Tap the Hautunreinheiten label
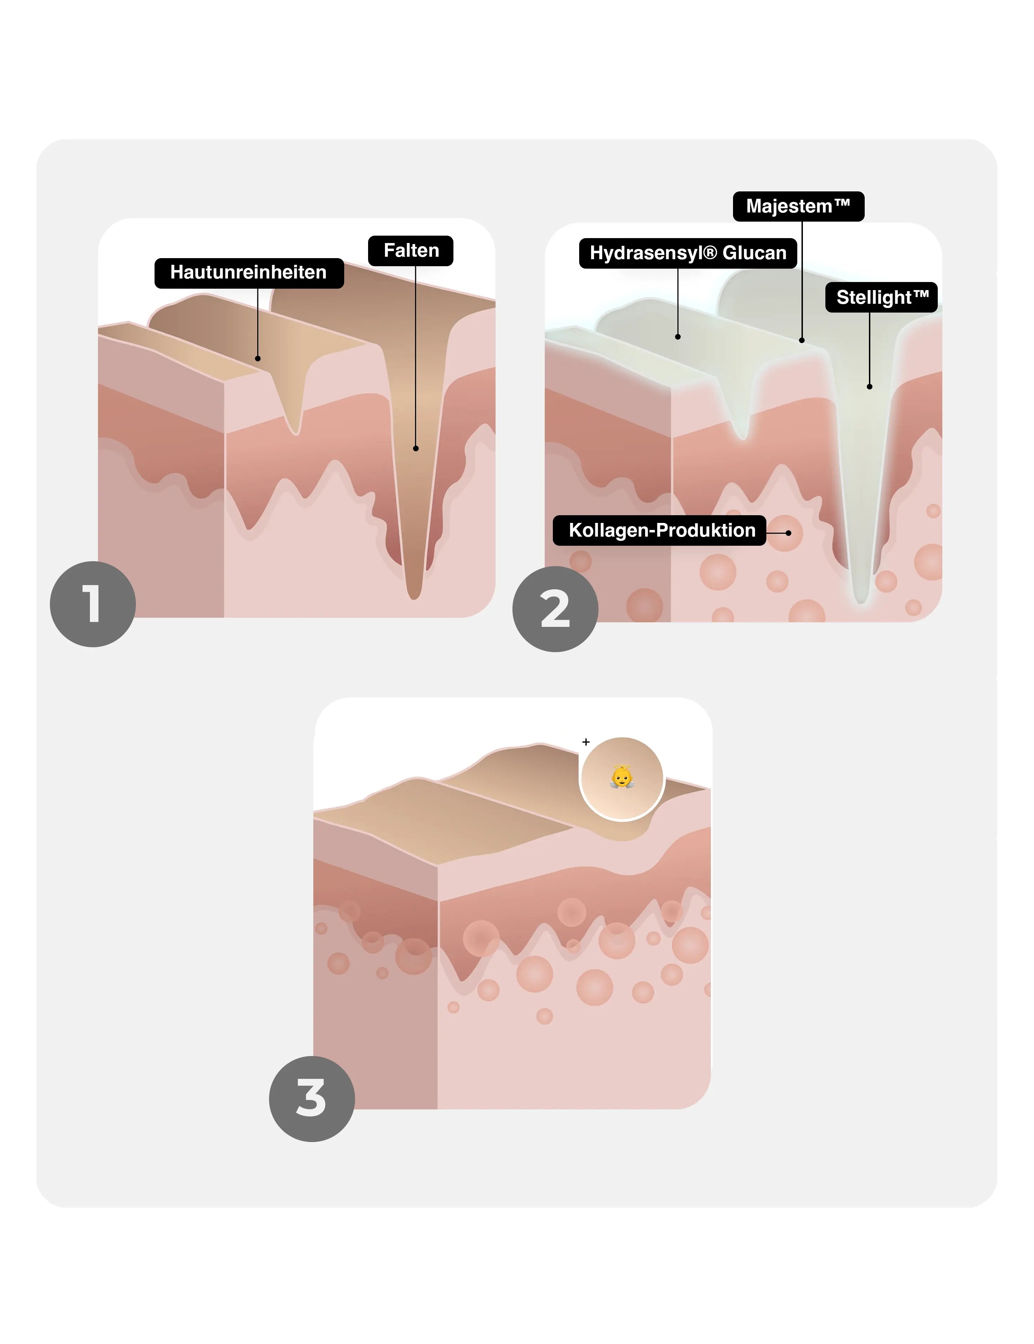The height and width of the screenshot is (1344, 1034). [x=249, y=273]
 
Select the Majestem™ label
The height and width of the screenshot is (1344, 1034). [x=798, y=206]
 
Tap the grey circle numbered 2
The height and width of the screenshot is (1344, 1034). [x=555, y=609]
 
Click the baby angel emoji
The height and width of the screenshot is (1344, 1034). [x=622, y=777]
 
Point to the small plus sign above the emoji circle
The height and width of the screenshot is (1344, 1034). [x=586, y=742]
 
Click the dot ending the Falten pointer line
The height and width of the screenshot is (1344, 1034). [x=415, y=448]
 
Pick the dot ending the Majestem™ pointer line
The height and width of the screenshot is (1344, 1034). [x=802, y=340]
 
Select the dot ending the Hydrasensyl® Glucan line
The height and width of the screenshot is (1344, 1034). [x=678, y=337]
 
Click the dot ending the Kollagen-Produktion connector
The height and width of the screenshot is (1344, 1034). [x=788, y=533]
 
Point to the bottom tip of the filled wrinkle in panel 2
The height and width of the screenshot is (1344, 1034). [x=862, y=602]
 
